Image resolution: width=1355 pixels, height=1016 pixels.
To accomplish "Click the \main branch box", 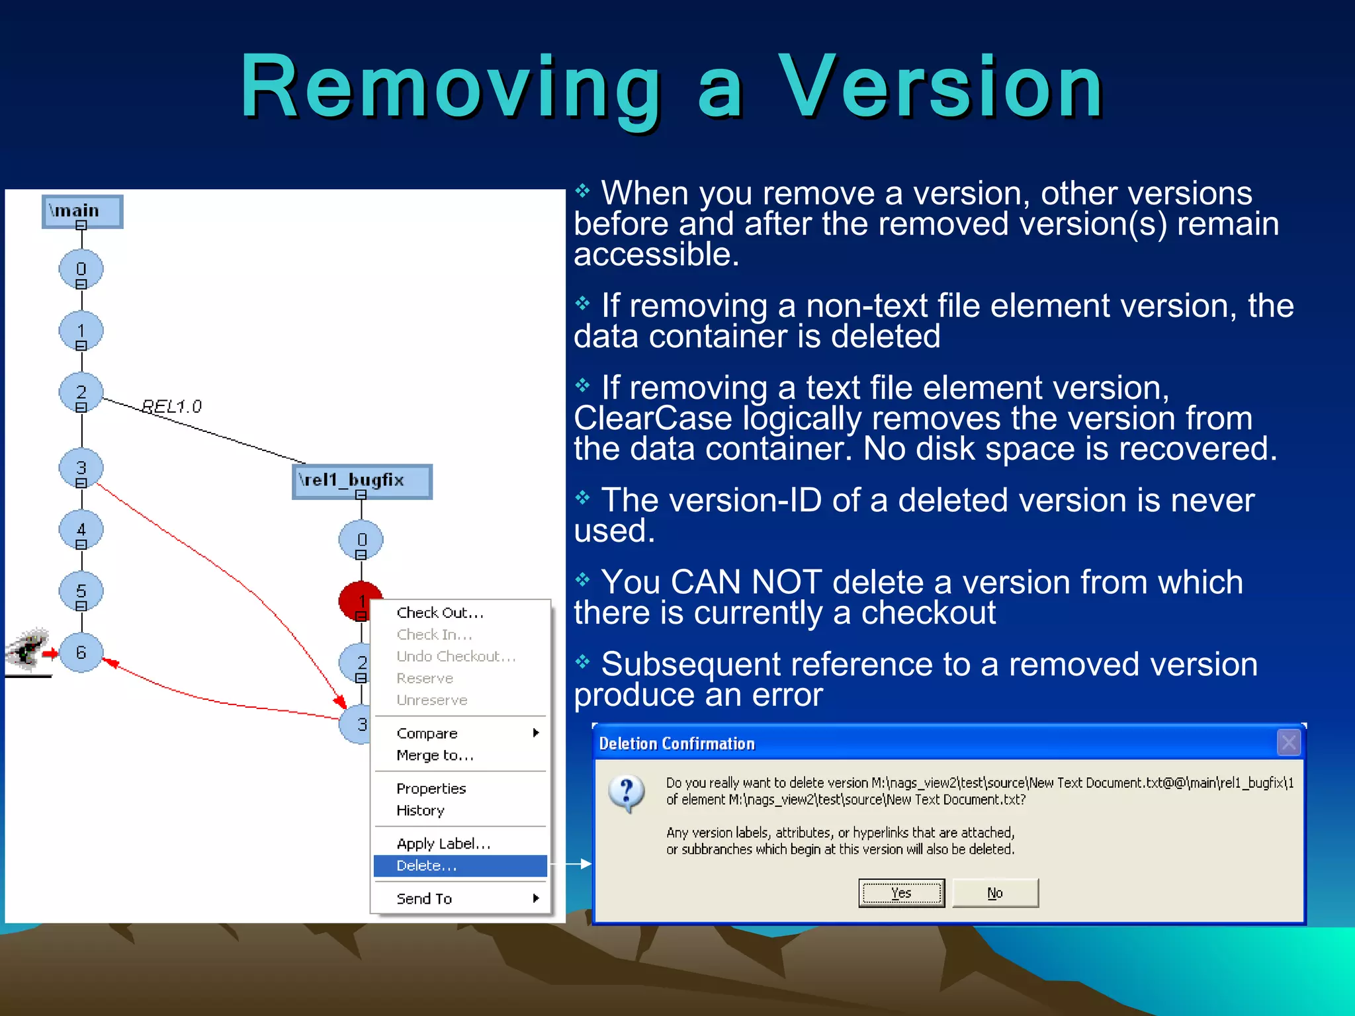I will click(82, 211).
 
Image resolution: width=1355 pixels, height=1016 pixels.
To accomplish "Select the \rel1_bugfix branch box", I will click(361, 480).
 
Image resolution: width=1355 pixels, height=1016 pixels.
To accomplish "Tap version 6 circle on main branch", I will click(81, 653).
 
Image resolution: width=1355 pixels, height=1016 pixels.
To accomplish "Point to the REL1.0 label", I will click(172, 406).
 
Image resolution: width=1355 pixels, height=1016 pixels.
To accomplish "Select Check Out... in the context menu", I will click(440, 613).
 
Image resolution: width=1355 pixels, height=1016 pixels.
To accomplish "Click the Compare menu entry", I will click(427, 734).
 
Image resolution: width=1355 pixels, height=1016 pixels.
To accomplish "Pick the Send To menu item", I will click(424, 899).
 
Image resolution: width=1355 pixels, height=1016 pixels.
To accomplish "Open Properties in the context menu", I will click(431, 788).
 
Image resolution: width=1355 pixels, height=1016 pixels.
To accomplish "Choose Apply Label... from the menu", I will click(443, 843).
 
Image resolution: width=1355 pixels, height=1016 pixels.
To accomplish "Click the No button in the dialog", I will click(995, 893).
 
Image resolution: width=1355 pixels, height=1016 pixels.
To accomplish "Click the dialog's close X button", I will click(1288, 743).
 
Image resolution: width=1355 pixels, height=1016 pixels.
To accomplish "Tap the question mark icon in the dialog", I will click(626, 792).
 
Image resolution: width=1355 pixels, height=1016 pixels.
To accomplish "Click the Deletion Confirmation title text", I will click(676, 743).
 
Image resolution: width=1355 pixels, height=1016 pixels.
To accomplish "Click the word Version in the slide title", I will click(940, 87).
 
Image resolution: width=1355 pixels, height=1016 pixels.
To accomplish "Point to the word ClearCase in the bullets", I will click(652, 419).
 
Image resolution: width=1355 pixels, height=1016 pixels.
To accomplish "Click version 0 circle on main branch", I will click(81, 269).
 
